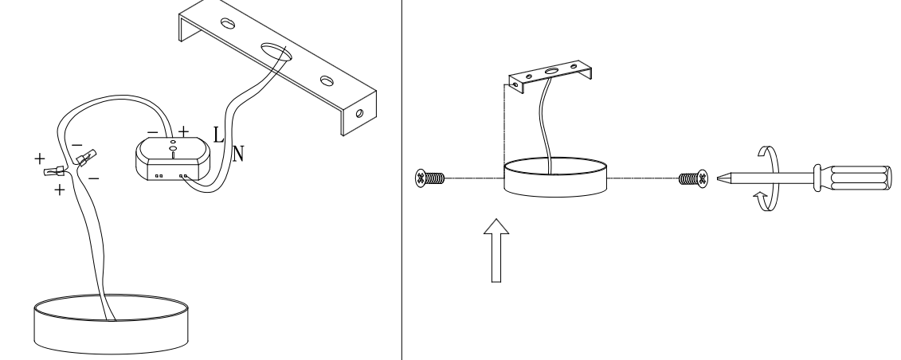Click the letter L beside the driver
(x=218, y=135)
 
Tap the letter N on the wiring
(x=238, y=153)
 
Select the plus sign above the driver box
(x=183, y=131)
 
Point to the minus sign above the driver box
(x=152, y=133)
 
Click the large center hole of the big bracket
(x=276, y=52)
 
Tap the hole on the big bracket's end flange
(x=360, y=114)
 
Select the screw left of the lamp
(x=430, y=178)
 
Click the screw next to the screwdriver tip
(x=693, y=178)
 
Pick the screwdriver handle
(x=852, y=178)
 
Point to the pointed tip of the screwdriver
(x=718, y=178)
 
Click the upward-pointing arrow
(x=496, y=250)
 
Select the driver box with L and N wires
(x=173, y=159)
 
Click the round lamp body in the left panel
(x=112, y=324)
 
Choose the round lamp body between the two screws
(x=555, y=177)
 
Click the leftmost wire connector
(x=54, y=170)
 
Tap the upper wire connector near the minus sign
(x=86, y=158)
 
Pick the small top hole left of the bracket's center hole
(x=228, y=24)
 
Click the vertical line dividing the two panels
(x=402, y=180)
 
